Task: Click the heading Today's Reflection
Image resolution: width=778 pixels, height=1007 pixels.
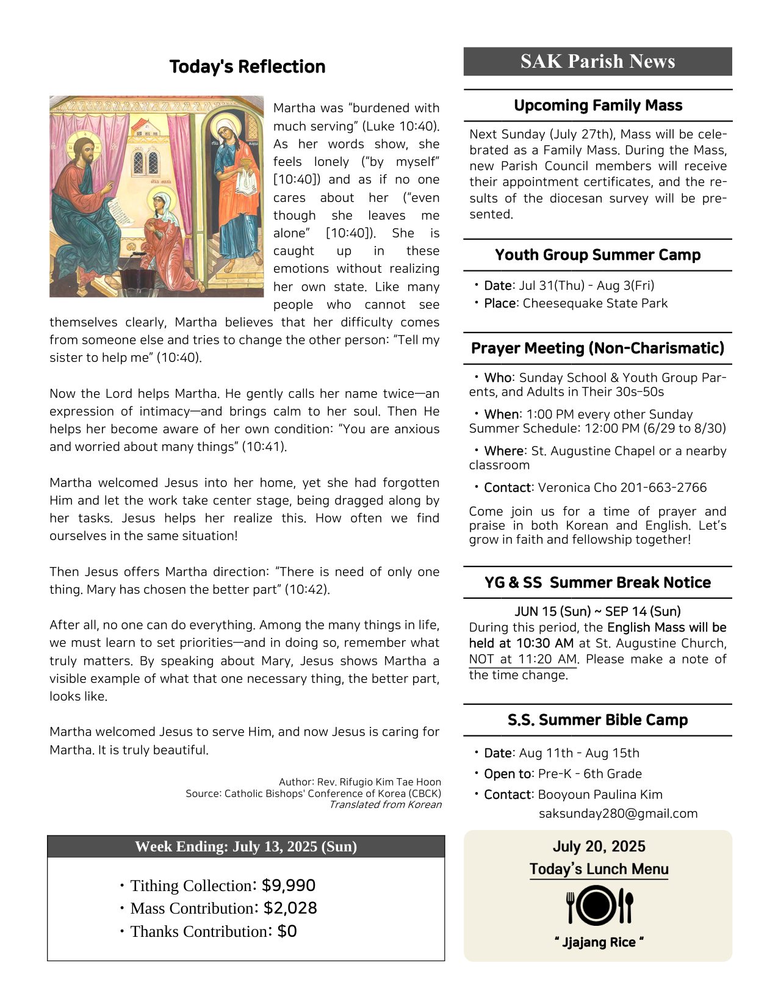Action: coord(247,67)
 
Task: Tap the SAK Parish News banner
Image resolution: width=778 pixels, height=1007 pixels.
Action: coord(597,62)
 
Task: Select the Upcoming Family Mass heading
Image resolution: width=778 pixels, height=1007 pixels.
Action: coord(597,106)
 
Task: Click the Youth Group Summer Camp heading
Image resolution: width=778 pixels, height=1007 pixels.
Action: coord(597,255)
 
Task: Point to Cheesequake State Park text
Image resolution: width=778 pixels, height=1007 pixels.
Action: coord(595,303)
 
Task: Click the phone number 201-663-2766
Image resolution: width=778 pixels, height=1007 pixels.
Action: coord(663,488)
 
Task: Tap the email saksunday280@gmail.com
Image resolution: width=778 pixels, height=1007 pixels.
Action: coord(618,814)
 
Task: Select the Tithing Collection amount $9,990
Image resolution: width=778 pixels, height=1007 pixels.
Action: coord(289,886)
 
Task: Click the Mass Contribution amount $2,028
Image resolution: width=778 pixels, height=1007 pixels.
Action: coord(290,908)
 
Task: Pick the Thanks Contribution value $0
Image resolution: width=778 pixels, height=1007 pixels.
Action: coord(287,931)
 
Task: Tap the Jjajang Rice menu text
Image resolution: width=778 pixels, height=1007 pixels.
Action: coord(599,942)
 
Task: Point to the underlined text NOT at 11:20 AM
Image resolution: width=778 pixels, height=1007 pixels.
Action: coord(523,659)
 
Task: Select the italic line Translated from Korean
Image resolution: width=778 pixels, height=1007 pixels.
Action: coord(385,804)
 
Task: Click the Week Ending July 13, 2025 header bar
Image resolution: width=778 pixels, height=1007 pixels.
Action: coord(246,846)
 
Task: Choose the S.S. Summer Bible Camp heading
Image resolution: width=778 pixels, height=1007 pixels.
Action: coord(597,720)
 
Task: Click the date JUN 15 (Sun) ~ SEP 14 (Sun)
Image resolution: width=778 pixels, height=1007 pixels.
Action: coord(597,612)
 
